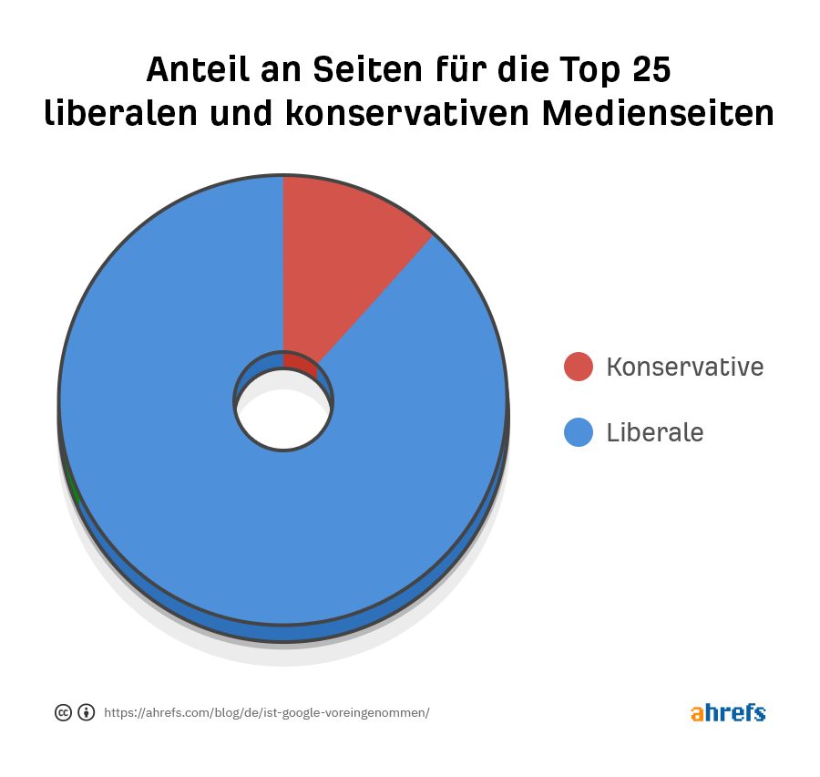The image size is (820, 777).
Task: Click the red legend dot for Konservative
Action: (579, 367)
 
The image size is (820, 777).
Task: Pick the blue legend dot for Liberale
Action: (579, 431)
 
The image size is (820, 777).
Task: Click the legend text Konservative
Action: (684, 367)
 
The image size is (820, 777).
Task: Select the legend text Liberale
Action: (654, 431)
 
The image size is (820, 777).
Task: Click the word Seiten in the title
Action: (354, 70)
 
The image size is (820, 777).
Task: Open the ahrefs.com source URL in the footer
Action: (266, 713)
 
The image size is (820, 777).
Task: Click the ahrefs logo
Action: (728, 712)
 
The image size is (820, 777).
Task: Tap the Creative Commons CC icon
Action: (63, 713)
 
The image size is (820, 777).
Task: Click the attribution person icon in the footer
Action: (87, 713)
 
